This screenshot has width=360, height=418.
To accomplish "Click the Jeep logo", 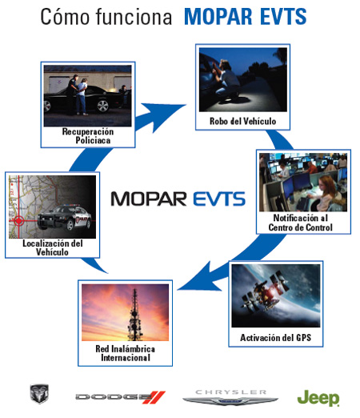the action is tap(318, 398).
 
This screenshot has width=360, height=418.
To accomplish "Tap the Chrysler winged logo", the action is tap(230, 398).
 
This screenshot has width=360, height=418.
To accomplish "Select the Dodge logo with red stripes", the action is tap(120, 397).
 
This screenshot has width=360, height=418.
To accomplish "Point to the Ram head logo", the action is tap(39, 393).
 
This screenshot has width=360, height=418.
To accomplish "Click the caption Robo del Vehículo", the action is tap(242, 121).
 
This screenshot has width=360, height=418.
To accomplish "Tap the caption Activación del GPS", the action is tap(276, 338).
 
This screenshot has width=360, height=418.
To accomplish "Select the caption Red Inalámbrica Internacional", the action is tap(126, 353).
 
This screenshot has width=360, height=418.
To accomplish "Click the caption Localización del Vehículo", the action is tap(53, 247).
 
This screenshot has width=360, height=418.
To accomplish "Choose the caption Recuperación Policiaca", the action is tap(88, 136).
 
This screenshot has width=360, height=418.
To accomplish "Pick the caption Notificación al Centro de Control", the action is tap(301, 223).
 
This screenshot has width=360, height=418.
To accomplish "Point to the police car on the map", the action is tap(64, 217).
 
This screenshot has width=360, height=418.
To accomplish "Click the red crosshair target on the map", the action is tap(18, 221).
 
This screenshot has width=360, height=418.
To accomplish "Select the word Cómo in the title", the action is tap(65, 17).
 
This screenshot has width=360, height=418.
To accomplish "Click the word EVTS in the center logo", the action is tap(219, 199).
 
